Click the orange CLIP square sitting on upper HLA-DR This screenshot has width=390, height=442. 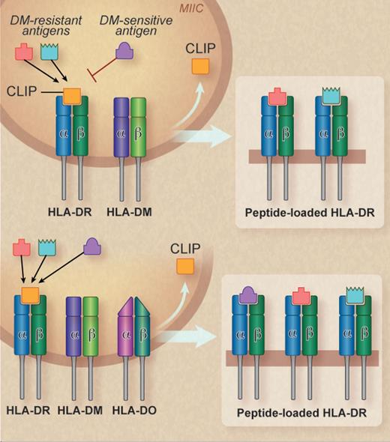[72, 96]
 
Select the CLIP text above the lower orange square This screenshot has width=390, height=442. [184, 246]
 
